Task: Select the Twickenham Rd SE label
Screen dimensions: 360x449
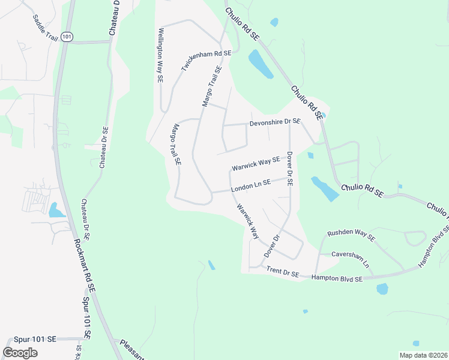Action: tap(206, 62)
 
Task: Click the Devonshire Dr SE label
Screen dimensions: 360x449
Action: tap(275, 122)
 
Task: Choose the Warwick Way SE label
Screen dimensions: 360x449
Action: tap(256, 164)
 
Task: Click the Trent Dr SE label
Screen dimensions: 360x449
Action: tap(283, 272)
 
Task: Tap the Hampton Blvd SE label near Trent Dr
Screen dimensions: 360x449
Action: tap(338, 279)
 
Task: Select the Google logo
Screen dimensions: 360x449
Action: tap(20, 353)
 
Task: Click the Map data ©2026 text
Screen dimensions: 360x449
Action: tap(423, 355)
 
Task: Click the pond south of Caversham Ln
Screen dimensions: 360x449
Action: tap(382, 289)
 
